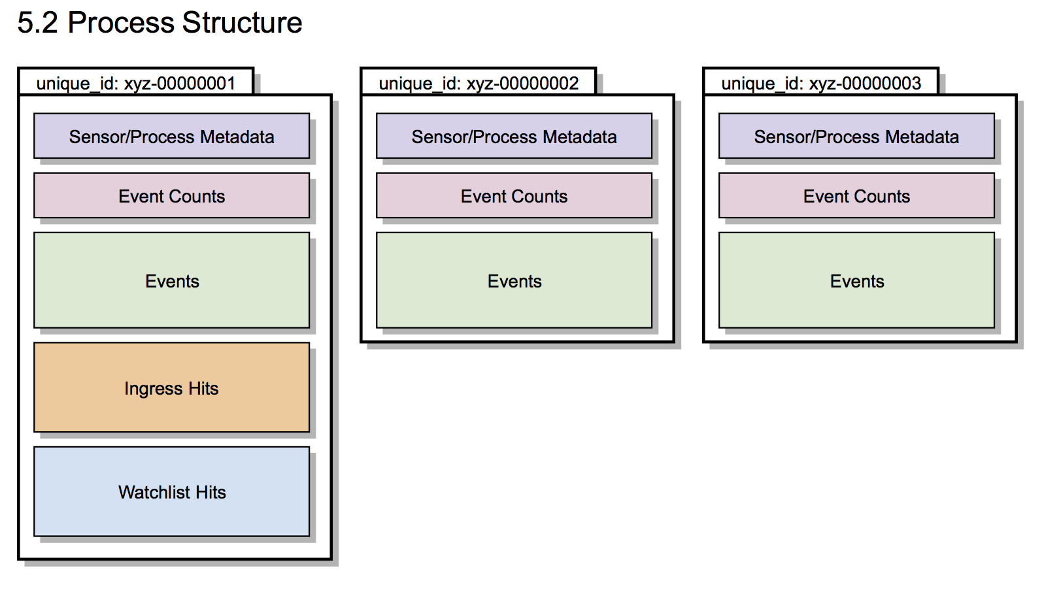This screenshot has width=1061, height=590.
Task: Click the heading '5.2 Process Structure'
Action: [x=160, y=23]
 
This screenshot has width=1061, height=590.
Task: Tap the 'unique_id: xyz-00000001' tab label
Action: [x=136, y=84]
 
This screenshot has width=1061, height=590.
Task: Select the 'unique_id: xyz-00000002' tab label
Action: [x=479, y=84]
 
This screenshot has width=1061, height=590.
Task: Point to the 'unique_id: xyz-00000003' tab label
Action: [x=821, y=84]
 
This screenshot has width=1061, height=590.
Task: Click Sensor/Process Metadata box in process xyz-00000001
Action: [x=171, y=136]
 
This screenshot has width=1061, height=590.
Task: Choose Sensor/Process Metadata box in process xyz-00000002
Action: [x=514, y=136]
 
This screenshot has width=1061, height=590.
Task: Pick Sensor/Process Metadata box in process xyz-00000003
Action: [x=856, y=136]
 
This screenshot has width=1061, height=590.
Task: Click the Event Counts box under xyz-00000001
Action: [x=171, y=195]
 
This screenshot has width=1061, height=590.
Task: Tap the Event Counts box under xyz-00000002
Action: [x=514, y=195]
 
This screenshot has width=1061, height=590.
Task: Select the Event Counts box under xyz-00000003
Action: [x=856, y=195]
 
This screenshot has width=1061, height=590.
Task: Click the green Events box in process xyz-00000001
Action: [x=171, y=280]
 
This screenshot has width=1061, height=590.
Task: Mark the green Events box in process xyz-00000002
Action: [x=514, y=280]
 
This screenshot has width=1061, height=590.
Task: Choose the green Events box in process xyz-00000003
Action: [x=856, y=280]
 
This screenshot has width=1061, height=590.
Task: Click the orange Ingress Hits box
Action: [x=171, y=388]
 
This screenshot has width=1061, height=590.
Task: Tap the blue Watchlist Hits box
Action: [x=171, y=492]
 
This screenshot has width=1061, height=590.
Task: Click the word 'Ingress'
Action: [x=153, y=389]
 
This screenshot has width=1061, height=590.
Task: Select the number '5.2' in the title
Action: [x=37, y=23]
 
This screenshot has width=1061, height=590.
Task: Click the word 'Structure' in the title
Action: [x=242, y=23]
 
